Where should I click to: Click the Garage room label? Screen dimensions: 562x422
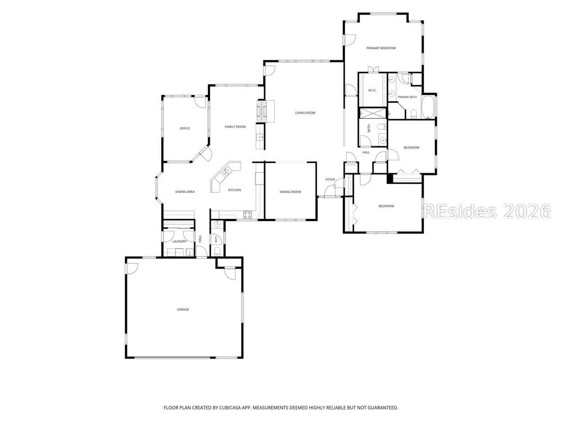tap(183, 309)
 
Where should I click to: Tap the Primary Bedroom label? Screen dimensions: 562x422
tap(380, 48)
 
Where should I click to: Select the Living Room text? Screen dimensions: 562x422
tap(305, 113)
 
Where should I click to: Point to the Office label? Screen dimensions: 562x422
tap(184, 128)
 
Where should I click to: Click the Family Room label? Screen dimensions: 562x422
tap(235, 127)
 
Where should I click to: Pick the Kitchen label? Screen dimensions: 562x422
tap(234, 190)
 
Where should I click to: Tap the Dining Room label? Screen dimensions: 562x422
tap(291, 192)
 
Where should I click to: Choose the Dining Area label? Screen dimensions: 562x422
tap(185, 192)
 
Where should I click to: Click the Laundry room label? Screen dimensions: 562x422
tap(179, 241)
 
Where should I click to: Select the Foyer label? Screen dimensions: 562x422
tap(330, 179)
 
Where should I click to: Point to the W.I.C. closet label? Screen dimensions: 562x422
tap(373, 91)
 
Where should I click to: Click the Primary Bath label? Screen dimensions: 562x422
tap(407, 97)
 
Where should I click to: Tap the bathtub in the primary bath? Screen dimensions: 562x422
tap(428, 106)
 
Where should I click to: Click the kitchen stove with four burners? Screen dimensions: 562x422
tap(247, 214)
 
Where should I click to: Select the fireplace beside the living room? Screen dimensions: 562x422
tap(265, 111)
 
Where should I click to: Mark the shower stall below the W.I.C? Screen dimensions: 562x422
tap(373, 113)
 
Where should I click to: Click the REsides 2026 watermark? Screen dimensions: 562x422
tap(487, 212)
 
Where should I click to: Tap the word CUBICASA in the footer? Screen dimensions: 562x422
tap(231, 407)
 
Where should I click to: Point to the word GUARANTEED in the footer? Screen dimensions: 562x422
tap(383, 407)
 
